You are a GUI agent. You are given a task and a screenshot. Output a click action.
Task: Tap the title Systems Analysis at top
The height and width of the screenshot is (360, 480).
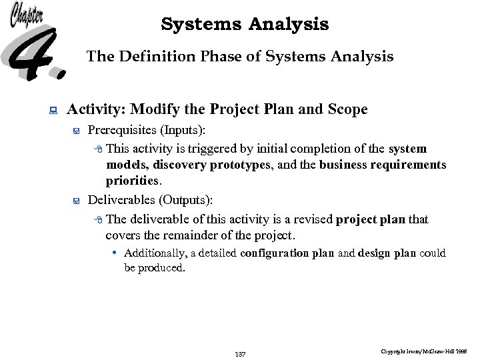click(245, 25)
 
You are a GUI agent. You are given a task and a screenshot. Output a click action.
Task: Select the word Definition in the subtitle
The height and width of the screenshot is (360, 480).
click(151, 57)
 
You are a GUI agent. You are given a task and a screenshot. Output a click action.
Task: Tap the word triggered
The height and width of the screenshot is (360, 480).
click(209, 148)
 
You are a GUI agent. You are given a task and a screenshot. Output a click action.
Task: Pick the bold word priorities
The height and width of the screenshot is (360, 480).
click(132, 181)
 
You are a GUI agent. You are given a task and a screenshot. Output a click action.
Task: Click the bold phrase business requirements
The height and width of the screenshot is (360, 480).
click(383, 165)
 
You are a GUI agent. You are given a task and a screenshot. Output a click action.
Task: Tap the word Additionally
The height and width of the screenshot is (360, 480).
click(154, 253)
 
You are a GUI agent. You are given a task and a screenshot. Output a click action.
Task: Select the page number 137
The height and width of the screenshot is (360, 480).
click(240, 354)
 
